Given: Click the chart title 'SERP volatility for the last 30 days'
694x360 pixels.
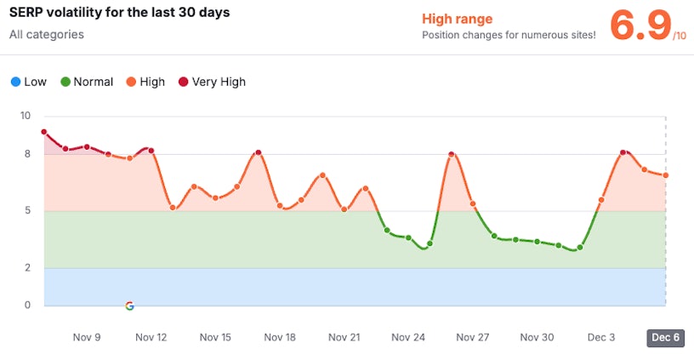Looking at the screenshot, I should click(119, 14).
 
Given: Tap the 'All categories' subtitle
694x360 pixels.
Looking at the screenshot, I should click(47, 35).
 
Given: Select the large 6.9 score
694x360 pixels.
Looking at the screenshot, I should click(640, 26).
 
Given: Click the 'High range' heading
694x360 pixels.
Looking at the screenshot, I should click(457, 19).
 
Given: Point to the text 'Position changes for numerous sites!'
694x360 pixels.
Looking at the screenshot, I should click(509, 36).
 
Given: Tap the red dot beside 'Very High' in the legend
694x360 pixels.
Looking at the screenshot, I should click(183, 82).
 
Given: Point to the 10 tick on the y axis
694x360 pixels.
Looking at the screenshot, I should click(26, 116).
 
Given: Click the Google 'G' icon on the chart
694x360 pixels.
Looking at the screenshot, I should click(129, 306).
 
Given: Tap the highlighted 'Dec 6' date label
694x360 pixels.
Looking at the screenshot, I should click(665, 337).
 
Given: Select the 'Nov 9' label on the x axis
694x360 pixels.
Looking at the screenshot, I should click(87, 337).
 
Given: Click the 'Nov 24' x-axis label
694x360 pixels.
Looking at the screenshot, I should click(408, 337).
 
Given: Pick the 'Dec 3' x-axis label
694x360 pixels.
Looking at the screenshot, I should click(601, 337).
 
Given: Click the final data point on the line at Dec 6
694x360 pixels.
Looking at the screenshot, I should click(666, 175).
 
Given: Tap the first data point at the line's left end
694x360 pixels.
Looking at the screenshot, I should click(43, 132).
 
